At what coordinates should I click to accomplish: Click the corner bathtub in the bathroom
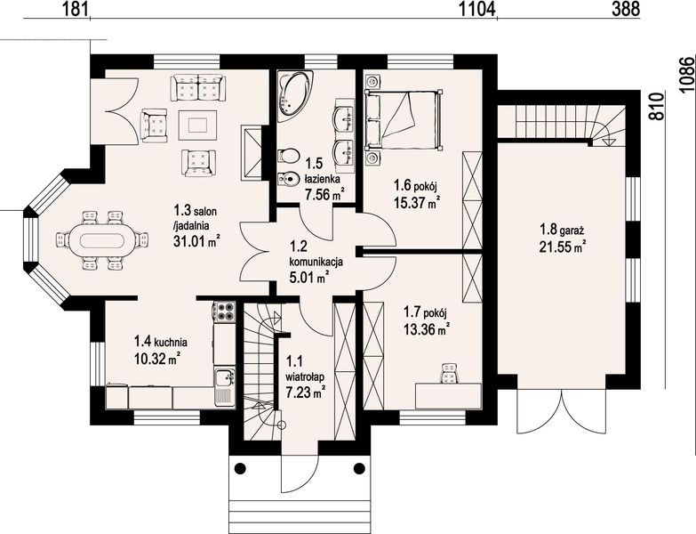[293, 95]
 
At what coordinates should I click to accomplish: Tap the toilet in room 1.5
[288, 157]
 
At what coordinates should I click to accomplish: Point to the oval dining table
[102, 240]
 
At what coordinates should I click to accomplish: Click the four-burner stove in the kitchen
[224, 311]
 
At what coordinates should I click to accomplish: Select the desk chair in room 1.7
[451, 372]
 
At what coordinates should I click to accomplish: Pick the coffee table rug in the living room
[197, 125]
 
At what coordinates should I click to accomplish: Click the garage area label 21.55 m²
[562, 247]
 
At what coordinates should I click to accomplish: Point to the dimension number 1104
[477, 8]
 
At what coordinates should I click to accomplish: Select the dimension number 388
[626, 8]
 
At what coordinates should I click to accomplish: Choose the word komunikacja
[316, 263]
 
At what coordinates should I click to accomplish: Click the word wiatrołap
[305, 376]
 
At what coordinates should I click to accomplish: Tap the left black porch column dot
[240, 468]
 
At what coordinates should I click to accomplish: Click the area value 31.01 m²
[196, 241]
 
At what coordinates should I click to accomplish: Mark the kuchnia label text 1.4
[141, 342]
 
